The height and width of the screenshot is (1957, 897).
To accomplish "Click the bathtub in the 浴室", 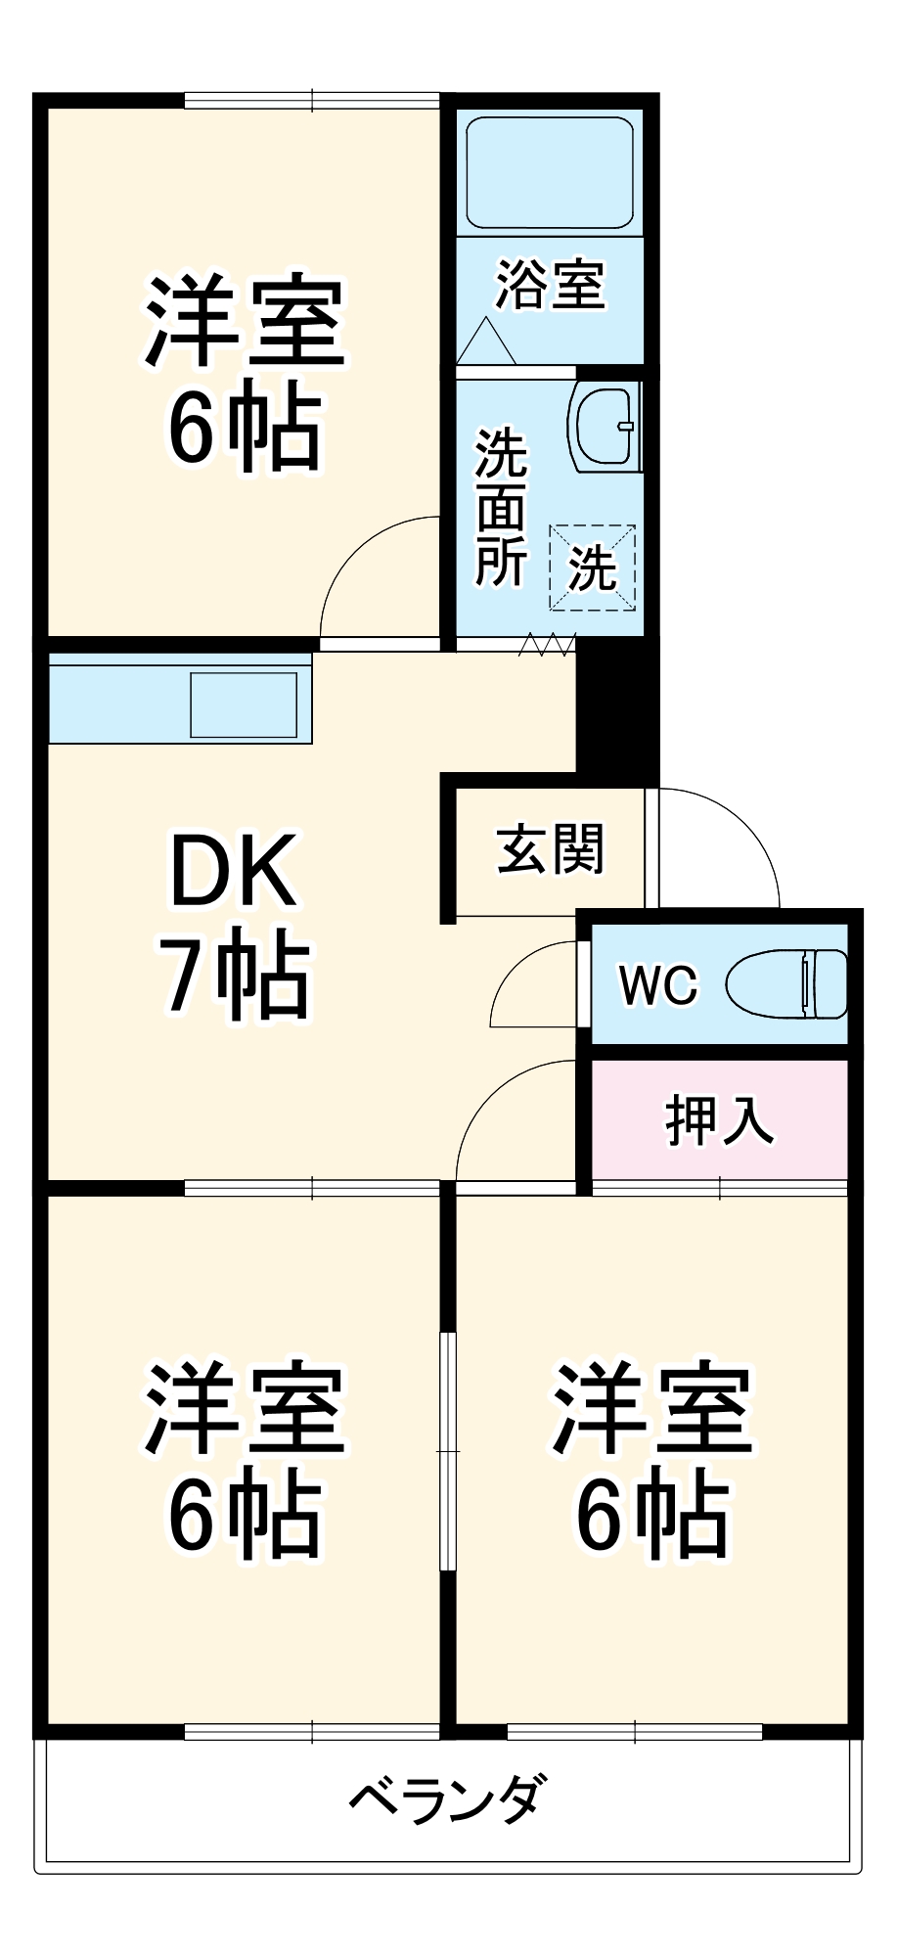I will coord(550,173).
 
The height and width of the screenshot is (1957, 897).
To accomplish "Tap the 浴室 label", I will coord(551,285).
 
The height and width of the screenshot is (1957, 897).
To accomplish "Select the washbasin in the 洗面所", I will coord(603,427).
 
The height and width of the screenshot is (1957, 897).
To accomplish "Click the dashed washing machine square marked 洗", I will coord(592,568).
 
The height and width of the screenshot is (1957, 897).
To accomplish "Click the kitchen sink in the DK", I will coord(244,705).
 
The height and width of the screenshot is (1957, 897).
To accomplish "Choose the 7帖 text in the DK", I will coord(235,976).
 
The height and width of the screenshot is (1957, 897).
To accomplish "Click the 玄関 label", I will coord(551,849).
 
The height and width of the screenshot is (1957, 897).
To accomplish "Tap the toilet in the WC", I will coord(787,983).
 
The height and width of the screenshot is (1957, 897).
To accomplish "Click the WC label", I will coord(658,984).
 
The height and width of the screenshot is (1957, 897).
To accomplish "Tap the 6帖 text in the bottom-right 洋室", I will coord(652,1515).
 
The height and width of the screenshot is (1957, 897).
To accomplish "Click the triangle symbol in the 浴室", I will coord(486,342).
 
